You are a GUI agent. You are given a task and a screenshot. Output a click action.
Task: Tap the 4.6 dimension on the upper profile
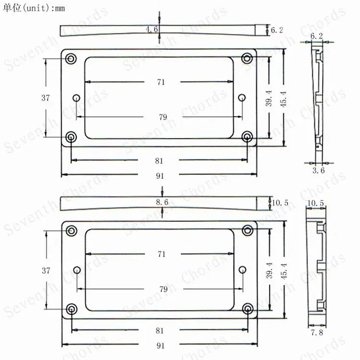pyautogui.click(x=152, y=30)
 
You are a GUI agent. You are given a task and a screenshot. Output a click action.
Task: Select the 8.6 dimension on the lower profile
pyautogui.click(x=162, y=203)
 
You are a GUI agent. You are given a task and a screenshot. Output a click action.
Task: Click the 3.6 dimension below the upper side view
pyautogui.click(x=318, y=170)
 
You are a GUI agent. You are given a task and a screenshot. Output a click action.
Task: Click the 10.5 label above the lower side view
pyautogui.click(x=316, y=203)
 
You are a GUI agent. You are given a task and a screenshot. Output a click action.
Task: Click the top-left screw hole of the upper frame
pyautogui.click(x=71, y=59)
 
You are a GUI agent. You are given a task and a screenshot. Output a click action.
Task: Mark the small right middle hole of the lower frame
pyautogui.click(x=242, y=270)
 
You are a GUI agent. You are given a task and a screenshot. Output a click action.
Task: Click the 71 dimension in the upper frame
pyautogui.click(x=161, y=82)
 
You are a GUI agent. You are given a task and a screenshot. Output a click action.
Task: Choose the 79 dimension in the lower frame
pyautogui.click(x=163, y=289)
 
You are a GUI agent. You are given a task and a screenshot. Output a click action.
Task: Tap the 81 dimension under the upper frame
pyautogui.click(x=160, y=160)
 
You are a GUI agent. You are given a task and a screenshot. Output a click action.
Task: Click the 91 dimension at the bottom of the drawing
pyautogui.click(x=160, y=345)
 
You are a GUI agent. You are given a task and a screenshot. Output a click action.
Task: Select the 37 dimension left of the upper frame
pyautogui.click(x=46, y=97)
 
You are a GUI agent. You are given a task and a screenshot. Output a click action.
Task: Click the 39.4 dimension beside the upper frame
pyautogui.click(x=269, y=97)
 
